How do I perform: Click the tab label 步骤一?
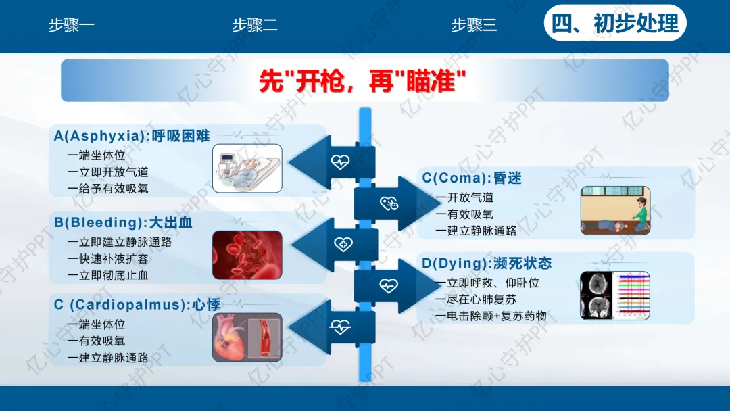click(x=72, y=26)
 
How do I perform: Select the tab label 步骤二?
click(x=255, y=26)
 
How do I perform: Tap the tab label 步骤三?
click(x=474, y=26)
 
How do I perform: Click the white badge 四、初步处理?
click(x=615, y=24)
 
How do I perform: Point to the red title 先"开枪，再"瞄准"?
click(x=364, y=82)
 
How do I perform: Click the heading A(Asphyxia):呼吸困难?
click(x=132, y=136)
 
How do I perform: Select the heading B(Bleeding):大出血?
click(x=123, y=222)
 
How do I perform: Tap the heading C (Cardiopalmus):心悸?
click(x=137, y=305)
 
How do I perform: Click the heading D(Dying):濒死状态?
click(x=487, y=264)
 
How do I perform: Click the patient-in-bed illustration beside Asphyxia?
click(x=247, y=169)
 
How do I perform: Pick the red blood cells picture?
click(x=247, y=255)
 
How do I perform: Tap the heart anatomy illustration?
click(x=247, y=337)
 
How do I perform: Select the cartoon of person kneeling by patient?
click(x=615, y=210)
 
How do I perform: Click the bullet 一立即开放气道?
click(x=107, y=172)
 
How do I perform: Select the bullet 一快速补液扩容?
click(x=107, y=259)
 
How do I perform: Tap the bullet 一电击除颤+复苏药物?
click(x=491, y=316)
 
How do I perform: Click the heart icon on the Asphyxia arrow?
click(x=340, y=162)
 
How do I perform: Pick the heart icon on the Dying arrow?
click(x=389, y=285)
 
